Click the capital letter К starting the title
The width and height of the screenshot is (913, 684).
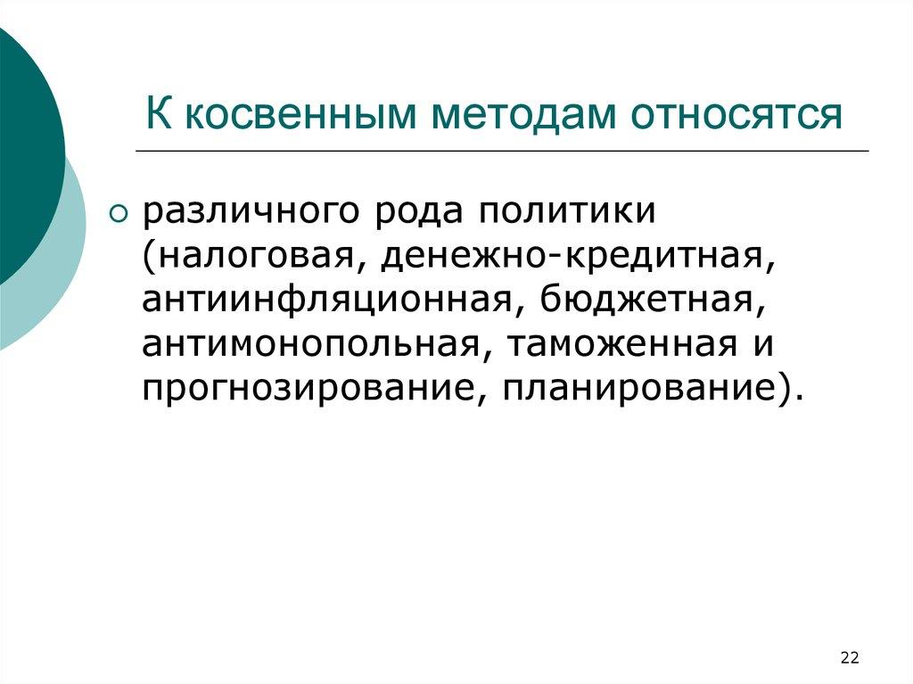pos(160,116)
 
